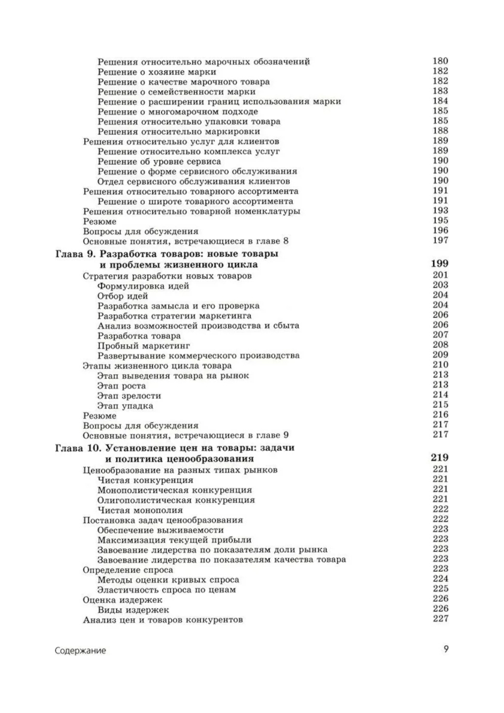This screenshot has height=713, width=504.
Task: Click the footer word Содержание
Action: (x=80, y=650)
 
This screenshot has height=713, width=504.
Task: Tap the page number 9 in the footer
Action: (x=446, y=649)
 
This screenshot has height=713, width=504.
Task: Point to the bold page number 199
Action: (x=439, y=264)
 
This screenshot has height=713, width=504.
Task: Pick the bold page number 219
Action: (x=439, y=458)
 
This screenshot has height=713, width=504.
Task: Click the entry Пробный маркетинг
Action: (x=144, y=346)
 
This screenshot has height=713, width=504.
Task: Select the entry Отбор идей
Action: (x=122, y=296)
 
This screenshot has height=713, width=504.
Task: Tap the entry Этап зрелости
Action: (x=129, y=396)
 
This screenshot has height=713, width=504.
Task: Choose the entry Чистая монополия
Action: (x=140, y=510)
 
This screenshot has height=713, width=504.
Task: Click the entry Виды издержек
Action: (x=133, y=610)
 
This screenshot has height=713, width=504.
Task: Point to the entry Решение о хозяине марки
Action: (x=157, y=72)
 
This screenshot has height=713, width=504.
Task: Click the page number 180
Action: (x=440, y=61)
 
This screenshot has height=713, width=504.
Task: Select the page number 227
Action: (x=440, y=619)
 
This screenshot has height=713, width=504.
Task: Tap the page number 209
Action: (x=440, y=354)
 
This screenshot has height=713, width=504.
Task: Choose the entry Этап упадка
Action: (x=125, y=406)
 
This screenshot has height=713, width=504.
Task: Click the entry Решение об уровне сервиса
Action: (x=159, y=161)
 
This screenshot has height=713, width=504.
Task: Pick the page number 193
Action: (x=440, y=211)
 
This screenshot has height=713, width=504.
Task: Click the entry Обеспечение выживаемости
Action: (x=160, y=530)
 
